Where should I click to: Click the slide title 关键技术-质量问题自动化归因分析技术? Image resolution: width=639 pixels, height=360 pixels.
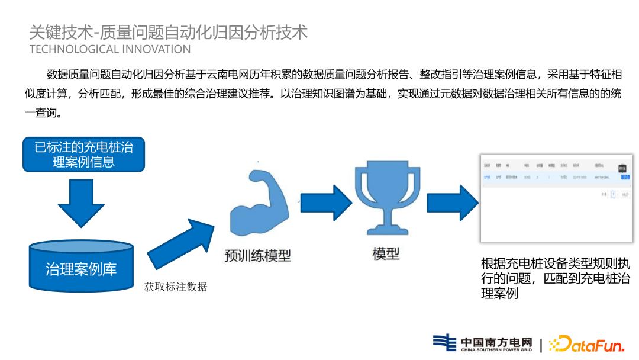coord(169,31)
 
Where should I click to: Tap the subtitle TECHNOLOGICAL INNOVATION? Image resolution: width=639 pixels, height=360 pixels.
coord(110,49)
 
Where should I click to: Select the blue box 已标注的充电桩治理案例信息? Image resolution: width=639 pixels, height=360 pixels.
coord(83,154)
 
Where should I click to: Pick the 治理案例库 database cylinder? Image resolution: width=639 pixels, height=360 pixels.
coord(81,266)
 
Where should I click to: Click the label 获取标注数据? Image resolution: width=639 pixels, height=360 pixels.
coord(176,287)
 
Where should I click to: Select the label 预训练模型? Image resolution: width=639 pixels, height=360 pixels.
coord(257,256)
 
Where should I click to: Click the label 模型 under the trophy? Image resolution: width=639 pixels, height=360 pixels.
coord(386,254)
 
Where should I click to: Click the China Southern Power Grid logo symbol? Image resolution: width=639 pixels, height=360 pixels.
coord(444,343)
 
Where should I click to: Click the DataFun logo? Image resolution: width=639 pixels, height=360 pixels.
coord(585,343)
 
